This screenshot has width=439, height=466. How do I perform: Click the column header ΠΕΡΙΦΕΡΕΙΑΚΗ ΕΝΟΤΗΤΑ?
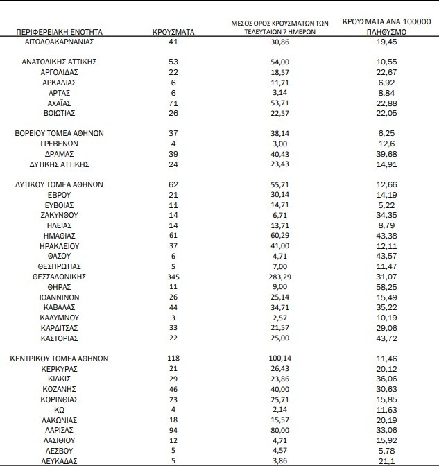tap(58, 32)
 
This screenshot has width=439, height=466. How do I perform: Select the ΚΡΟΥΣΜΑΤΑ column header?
tap(173, 32)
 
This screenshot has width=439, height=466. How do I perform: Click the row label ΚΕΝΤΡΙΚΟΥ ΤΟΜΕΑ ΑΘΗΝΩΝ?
tap(59, 359)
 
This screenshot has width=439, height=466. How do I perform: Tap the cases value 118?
tap(173, 359)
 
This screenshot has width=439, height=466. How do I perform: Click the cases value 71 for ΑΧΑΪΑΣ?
tap(173, 103)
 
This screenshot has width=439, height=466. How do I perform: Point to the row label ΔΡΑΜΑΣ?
tap(59, 154)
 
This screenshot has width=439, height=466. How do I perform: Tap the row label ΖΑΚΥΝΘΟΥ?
tap(59, 216)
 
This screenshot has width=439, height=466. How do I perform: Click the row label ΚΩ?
tap(59, 410)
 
